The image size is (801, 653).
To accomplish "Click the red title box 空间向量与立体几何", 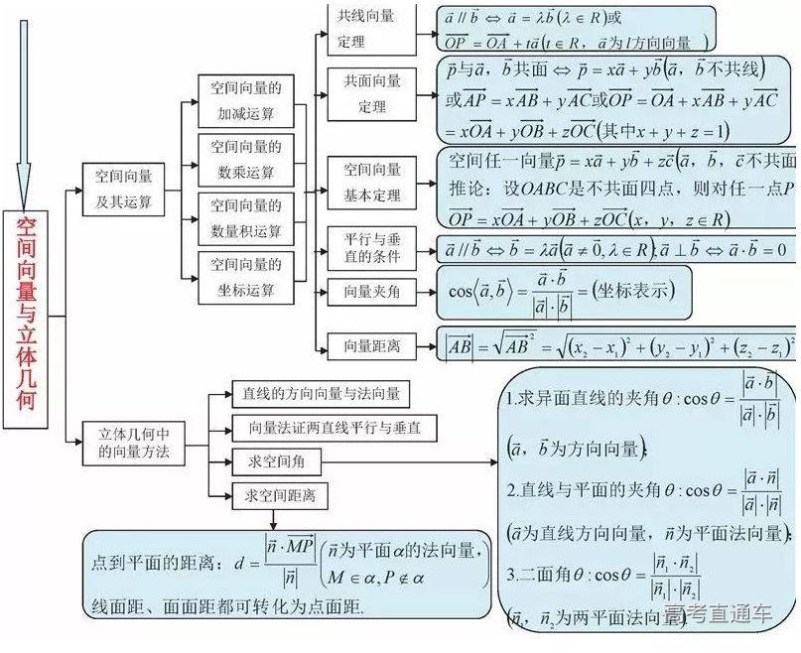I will click(x=26, y=318).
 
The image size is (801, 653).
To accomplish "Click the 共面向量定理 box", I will click(x=371, y=94).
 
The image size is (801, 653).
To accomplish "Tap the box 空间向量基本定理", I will click(x=371, y=182).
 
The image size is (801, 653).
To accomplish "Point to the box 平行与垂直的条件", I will click(x=371, y=247).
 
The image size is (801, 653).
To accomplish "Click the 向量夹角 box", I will click(x=371, y=293).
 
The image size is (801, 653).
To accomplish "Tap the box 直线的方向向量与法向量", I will click(x=320, y=394).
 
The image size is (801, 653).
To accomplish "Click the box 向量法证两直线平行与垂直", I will click(x=327, y=428).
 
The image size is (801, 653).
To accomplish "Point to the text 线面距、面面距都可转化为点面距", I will click(x=227, y=605).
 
